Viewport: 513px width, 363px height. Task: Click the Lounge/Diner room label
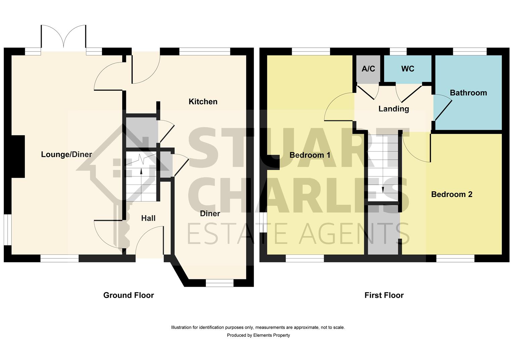click(66, 154)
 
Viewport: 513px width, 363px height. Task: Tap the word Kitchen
click(203, 102)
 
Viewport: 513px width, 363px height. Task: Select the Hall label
click(148, 218)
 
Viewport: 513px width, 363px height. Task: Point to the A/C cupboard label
click(368, 69)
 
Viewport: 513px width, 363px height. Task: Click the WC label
click(408, 69)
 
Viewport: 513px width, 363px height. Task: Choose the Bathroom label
click(468, 93)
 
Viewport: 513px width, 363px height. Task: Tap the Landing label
click(393, 109)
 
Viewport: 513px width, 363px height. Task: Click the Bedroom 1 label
click(310, 155)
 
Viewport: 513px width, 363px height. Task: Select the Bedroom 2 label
click(452, 195)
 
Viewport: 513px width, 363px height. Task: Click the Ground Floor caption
click(129, 295)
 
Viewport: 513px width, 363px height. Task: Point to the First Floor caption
click(384, 295)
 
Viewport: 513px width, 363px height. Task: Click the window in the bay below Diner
click(220, 283)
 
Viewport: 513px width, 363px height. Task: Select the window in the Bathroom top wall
click(470, 51)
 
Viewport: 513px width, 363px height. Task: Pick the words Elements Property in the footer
click(271, 335)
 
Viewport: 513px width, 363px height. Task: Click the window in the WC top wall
click(398, 51)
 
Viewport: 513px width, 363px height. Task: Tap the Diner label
click(210, 213)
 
